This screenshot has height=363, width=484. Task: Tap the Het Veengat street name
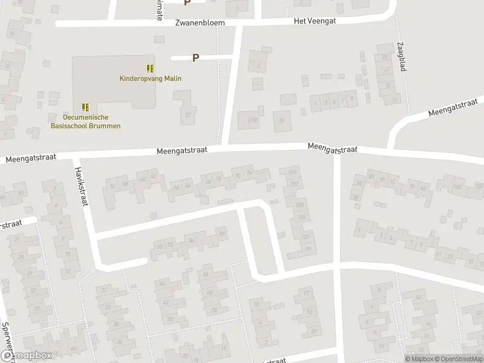tap(314, 21)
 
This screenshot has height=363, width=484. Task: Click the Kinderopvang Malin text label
tap(150, 78)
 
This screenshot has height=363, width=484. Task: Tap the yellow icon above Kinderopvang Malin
tap(150, 68)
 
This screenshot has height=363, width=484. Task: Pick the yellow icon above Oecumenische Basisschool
tap(85, 106)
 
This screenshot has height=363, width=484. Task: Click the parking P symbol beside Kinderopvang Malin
tap(195, 58)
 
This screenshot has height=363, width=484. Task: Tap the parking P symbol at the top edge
tap(187, 2)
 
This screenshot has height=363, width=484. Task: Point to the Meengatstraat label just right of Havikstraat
tap(181, 151)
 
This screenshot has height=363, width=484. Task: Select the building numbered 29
tap(281, 121)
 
